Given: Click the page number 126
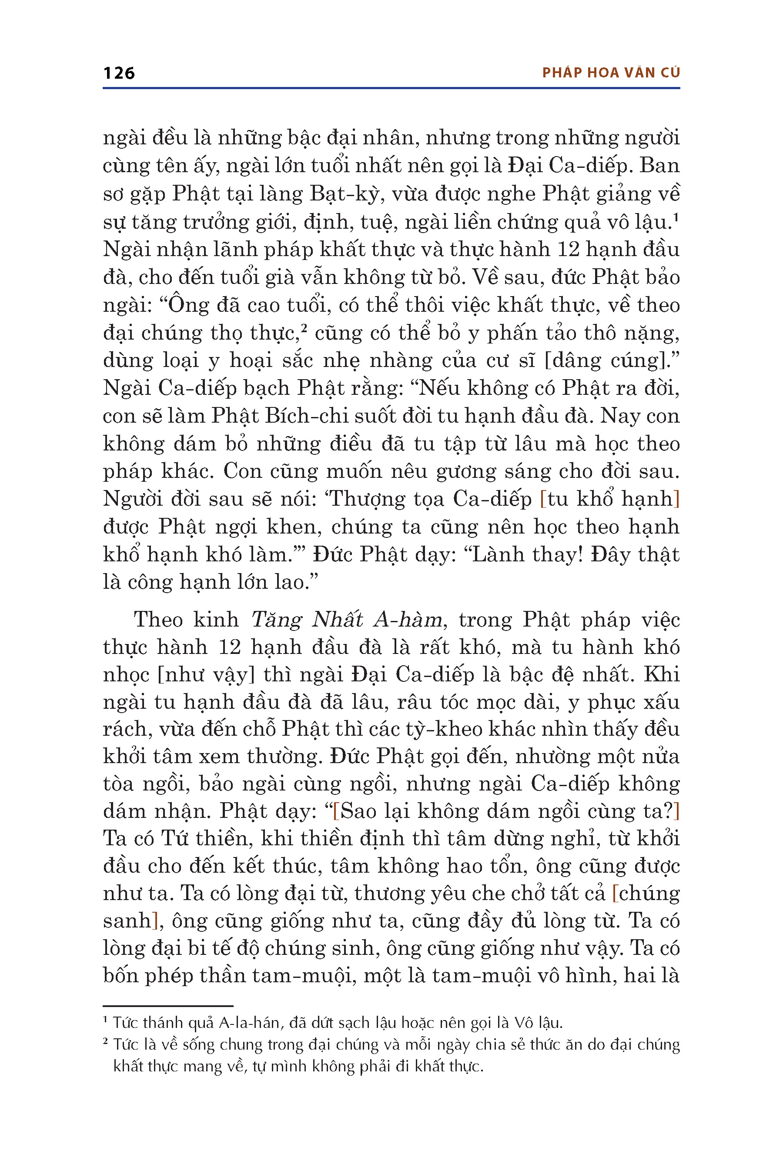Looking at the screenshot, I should [119, 73].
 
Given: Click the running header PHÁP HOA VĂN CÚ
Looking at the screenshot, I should [611, 73].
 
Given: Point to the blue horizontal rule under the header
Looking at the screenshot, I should [391, 88].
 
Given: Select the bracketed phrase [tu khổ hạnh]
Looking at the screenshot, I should [610, 499].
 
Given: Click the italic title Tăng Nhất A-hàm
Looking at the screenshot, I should [347, 620].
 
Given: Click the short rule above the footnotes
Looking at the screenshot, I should [168, 1006].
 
